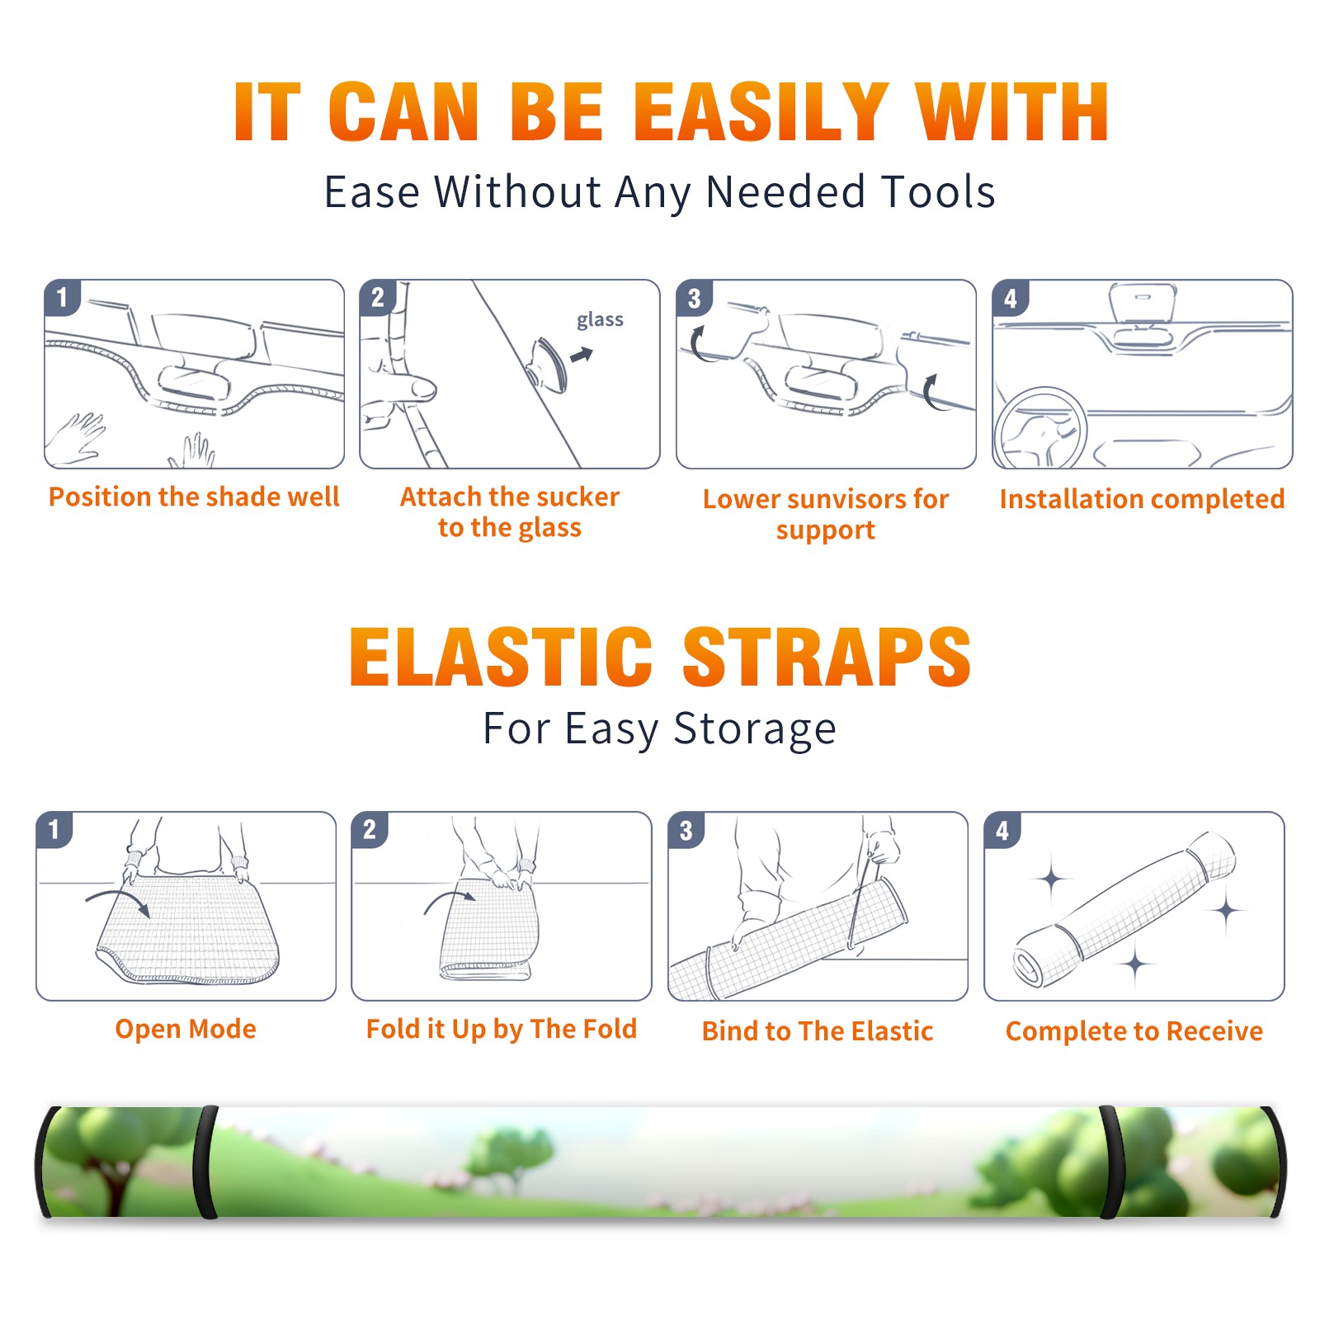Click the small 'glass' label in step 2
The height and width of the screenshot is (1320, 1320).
600,320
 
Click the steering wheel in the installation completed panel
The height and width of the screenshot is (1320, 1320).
1039,427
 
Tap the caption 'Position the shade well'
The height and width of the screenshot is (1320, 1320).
194,497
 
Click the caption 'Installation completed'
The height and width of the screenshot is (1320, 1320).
1142,499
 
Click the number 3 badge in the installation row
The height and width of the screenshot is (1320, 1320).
694,299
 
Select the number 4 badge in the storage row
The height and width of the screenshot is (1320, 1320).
1002,830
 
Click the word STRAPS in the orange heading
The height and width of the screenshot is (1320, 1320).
827,657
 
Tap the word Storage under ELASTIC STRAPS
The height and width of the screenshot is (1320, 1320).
755,729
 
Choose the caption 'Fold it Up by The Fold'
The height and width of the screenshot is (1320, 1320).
502,1029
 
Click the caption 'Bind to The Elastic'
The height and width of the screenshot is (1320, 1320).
818,1031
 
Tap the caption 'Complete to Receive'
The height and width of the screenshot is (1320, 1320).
1134,1031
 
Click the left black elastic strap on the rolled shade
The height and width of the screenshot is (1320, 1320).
207,1162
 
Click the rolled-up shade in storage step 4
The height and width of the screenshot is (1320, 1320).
1124,910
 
